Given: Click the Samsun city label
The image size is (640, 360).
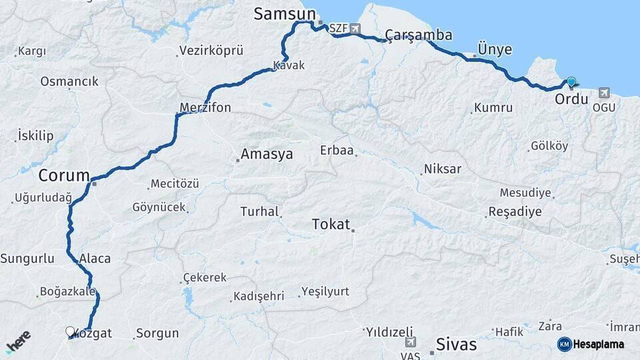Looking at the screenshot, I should (x=283, y=13).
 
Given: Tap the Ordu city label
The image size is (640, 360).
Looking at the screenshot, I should (x=571, y=99).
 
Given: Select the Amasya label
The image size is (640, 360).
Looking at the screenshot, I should (x=267, y=154).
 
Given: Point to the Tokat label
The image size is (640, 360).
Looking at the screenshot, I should (x=331, y=225).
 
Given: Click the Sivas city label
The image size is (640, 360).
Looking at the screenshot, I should (x=456, y=344).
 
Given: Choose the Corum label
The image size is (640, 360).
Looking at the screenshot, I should (x=64, y=175).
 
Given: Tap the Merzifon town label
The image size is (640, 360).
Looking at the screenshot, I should (x=205, y=107).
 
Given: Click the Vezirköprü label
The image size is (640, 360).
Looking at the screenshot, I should (x=211, y=51).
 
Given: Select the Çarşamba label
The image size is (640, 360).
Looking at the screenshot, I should (x=419, y=35).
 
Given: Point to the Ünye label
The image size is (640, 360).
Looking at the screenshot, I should (x=495, y=49).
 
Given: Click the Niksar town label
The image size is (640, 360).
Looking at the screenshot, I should (x=443, y=169).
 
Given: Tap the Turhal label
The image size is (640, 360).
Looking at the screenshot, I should (x=259, y=211).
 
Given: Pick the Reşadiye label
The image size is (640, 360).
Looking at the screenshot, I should (x=515, y=211).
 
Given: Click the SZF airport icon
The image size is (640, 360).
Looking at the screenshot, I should (x=355, y=29).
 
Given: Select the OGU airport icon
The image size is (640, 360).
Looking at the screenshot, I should (x=604, y=93).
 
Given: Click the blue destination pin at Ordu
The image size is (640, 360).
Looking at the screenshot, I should (x=571, y=82).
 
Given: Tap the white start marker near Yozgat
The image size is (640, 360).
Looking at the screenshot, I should (x=70, y=331).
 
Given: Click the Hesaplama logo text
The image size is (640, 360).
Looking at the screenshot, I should (x=599, y=344).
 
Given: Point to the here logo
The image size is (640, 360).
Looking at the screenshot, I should (x=18, y=342).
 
